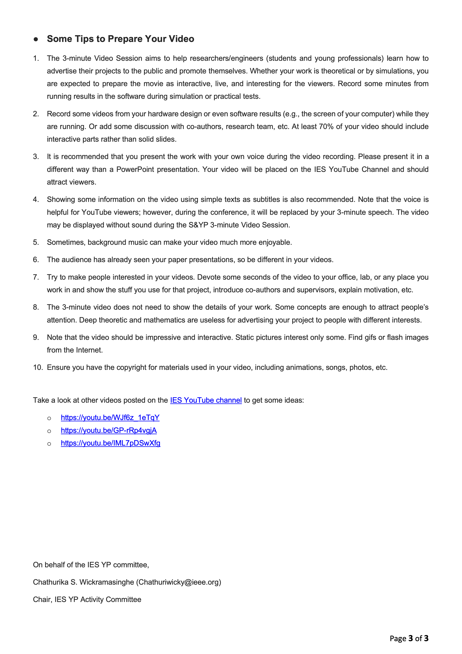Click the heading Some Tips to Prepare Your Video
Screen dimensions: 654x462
click(120, 39)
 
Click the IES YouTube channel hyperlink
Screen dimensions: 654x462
click(206, 400)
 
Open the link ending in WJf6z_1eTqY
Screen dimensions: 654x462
click(110, 418)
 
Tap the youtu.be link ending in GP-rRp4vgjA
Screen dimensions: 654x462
click(109, 430)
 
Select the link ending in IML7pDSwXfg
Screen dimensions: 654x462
click(110, 443)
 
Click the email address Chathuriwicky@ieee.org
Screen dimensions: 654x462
click(178, 582)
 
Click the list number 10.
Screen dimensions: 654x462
click(38, 367)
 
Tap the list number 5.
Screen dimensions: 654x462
click(36, 242)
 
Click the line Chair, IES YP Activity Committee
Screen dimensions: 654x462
click(87, 600)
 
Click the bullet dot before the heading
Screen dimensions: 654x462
click(36, 39)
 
